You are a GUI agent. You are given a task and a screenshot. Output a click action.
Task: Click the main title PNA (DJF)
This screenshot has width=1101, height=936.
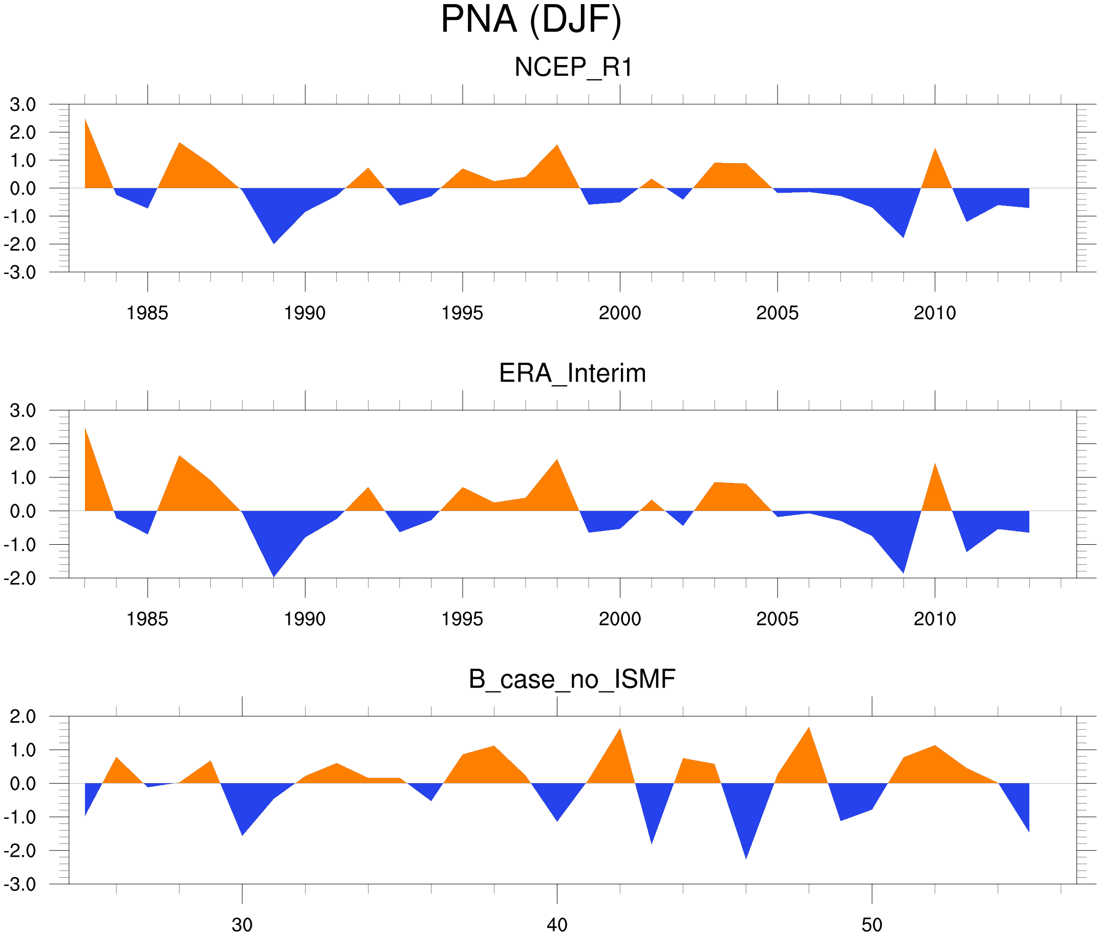tap(531, 20)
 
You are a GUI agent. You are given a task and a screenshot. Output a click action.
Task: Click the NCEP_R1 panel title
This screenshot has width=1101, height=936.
tap(573, 68)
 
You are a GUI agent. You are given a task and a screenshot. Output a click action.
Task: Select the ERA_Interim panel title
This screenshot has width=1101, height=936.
tap(572, 373)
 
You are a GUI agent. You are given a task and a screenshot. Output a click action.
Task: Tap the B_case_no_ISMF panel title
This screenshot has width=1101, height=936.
tap(572, 679)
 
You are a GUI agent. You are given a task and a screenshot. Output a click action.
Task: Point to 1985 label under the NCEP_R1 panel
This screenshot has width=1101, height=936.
tap(147, 313)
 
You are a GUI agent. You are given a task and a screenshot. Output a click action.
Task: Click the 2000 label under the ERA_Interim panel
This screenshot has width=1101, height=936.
tap(619, 619)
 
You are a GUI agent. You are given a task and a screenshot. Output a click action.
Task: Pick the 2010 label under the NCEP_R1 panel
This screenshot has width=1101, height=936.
tap(934, 313)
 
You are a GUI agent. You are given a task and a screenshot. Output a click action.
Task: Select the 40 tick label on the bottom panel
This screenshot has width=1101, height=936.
tap(557, 925)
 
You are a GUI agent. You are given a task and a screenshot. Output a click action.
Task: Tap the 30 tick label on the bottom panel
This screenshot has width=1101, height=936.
tap(242, 925)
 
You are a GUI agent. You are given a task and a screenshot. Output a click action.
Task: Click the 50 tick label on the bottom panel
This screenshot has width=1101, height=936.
tap(872, 925)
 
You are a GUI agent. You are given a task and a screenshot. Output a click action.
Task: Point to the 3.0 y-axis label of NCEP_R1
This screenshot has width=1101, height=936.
tap(23, 104)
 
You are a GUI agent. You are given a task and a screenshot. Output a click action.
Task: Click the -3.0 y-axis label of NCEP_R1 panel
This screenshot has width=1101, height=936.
tap(20, 273)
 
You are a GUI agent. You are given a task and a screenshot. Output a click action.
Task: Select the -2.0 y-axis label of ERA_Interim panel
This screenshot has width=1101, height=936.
tap(20, 578)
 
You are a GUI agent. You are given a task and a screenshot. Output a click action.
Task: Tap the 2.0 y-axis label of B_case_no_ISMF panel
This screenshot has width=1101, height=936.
tap(23, 717)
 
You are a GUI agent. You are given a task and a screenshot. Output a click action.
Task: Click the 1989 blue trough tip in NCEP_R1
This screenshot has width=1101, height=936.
tap(273, 242)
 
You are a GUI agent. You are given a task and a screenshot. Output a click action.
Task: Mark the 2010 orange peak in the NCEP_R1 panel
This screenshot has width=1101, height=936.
tap(935, 150)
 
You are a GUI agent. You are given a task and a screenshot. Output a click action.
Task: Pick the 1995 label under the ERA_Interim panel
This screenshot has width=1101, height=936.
tap(462, 619)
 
